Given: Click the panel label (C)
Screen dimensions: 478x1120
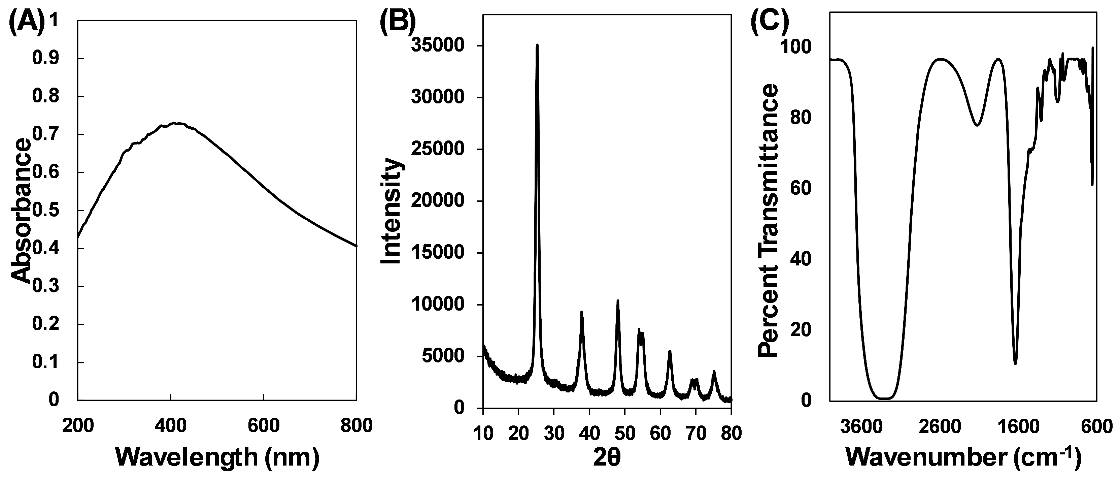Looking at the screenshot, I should click(770, 24).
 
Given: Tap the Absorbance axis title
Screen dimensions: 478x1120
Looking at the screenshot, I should click(21, 212).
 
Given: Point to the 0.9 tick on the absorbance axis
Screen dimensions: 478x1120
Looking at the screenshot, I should click(46, 59).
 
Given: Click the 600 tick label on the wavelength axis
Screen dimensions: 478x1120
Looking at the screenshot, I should click(264, 425).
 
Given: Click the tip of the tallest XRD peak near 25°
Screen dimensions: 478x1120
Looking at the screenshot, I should click(537, 45).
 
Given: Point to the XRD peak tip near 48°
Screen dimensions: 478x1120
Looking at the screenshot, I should click(617, 300).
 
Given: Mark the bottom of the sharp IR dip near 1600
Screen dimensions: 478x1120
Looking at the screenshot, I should click(1015, 363).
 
